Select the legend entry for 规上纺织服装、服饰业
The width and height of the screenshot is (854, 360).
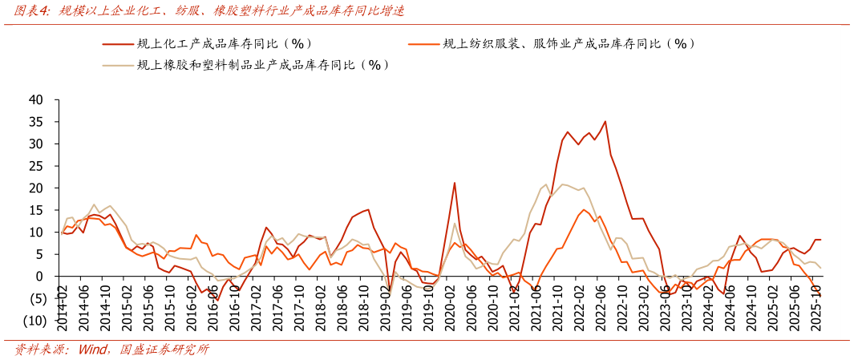(569, 44)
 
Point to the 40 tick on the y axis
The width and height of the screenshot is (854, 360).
(35, 100)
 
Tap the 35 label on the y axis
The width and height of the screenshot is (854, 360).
(35, 122)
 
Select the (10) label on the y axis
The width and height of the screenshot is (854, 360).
(33, 321)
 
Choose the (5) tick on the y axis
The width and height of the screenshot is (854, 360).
(35, 298)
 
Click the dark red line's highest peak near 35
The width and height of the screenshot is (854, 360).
(605, 122)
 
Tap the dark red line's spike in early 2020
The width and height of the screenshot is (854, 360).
(455, 183)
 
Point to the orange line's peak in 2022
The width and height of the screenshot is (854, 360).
(584, 210)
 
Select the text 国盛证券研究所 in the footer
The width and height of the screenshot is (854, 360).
(164, 350)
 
